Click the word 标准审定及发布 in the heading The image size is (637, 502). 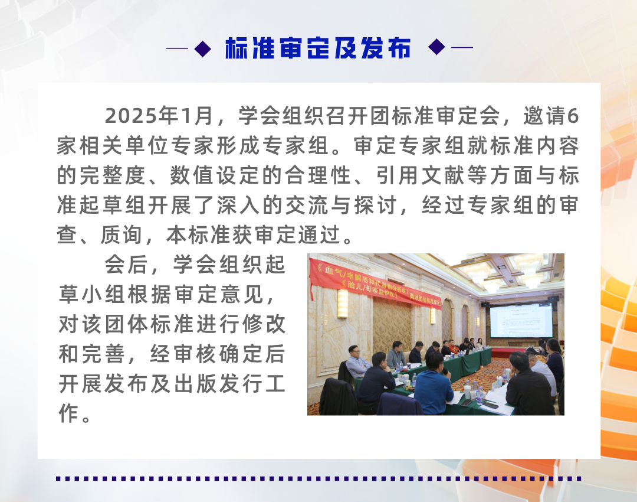pyautogui.click(x=317, y=49)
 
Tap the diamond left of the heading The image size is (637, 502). pyautogui.click(x=202, y=48)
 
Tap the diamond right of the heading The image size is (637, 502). pyautogui.click(x=436, y=47)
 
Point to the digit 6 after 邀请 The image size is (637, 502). pyautogui.click(x=572, y=116)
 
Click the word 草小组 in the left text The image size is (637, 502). pyautogui.click(x=93, y=294)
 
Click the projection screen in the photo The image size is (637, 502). pyautogui.click(x=521, y=321)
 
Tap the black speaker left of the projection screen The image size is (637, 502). pyautogui.click(x=484, y=305)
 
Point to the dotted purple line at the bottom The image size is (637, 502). pyautogui.click(x=318, y=478)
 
